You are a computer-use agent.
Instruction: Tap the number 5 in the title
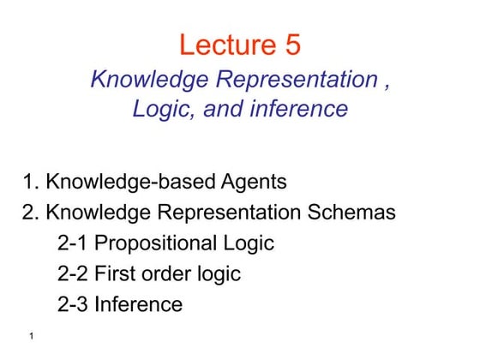(x=292, y=45)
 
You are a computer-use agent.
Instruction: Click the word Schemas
(x=352, y=212)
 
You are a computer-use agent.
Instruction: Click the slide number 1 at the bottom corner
(x=30, y=337)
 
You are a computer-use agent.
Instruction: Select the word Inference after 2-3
(x=139, y=303)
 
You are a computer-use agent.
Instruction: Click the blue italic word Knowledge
(x=145, y=81)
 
